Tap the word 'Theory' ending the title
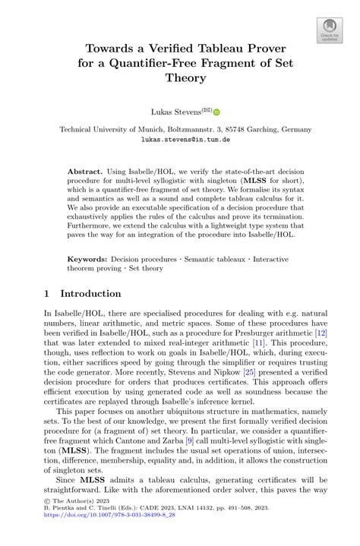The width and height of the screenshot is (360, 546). (x=185, y=77)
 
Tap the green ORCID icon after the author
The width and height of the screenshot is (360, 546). (x=216, y=112)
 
